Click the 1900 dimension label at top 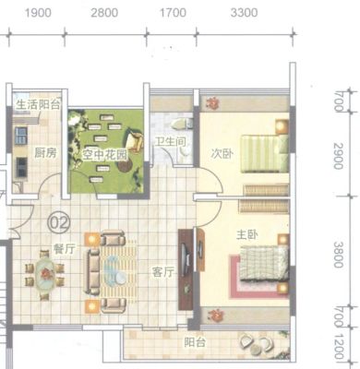pos(38,13)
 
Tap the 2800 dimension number pos(104,13)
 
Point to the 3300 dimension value pos(244,13)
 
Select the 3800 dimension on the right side pos(339,255)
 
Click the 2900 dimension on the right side pos(339,156)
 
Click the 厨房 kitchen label pos(45,152)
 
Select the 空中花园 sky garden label pos(104,155)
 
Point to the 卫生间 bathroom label pos(170,142)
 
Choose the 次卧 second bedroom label pos(222,154)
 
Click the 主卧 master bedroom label pos(247,235)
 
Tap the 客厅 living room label pos(163,272)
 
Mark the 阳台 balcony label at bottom pos(195,342)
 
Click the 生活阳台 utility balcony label pos(38,105)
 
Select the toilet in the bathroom pos(179,125)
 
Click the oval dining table pos(45,275)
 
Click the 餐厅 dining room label pos(64,249)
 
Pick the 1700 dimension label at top pos(173,13)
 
